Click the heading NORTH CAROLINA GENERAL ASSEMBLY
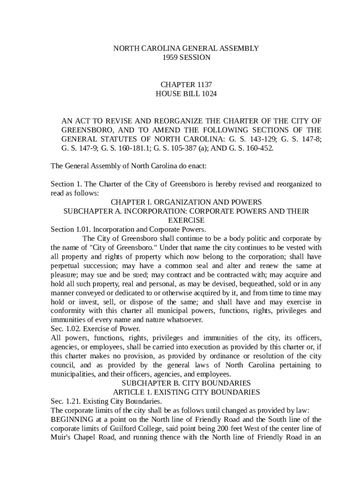(x=186, y=48)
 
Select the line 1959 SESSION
(x=186, y=58)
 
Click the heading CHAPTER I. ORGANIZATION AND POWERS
(x=186, y=202)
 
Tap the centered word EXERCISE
(x=186, y=220)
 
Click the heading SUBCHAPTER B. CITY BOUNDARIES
(x=186, y=383)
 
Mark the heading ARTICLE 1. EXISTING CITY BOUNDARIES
(x=186, y=392)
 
